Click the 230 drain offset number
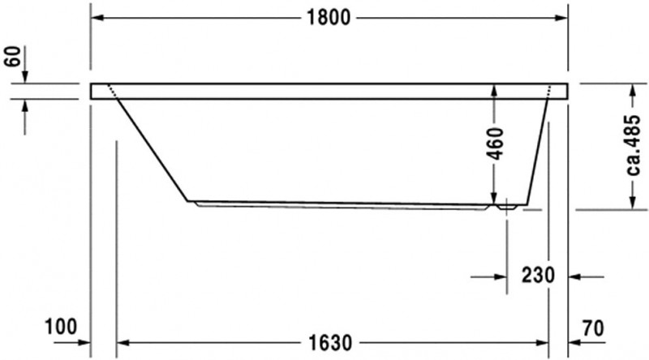tap(538, 276)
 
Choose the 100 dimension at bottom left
tap(61, 328)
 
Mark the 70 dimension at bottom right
tap(593, 328)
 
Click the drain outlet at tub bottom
tap(507, 207)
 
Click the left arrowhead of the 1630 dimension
tap(124, 343)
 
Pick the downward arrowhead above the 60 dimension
tap(25, 77)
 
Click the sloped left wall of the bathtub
tap(154, 150)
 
